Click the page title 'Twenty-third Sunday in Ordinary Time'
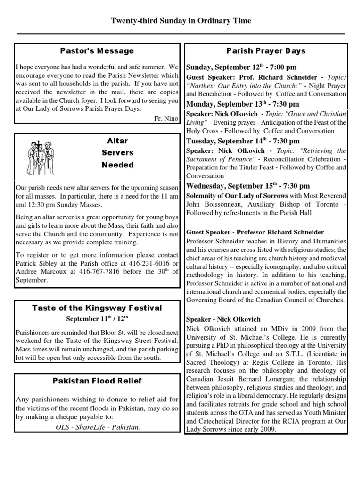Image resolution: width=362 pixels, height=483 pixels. point(181,21)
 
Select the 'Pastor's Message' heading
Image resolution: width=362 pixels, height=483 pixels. point(97,51)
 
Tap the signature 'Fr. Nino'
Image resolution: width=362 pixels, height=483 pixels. point(166,118)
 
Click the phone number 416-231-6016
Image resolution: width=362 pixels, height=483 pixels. point(150,263)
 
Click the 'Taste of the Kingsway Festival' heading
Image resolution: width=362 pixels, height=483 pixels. point(97,308)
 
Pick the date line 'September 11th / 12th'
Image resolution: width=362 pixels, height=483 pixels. point(97,318)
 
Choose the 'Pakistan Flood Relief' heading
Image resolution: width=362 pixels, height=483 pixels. point(97,381)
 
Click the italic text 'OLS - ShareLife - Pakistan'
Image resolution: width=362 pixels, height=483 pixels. point(97,427)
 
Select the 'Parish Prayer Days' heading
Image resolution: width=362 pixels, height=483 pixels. point(266,51)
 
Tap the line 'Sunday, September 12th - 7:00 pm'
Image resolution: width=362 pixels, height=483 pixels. point(241,67)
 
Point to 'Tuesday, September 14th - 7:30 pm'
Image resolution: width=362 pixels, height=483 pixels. point(243,141)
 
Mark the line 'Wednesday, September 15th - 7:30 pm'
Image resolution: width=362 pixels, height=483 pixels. point(248,186)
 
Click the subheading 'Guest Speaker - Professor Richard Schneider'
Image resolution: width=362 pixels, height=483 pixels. point(255,232)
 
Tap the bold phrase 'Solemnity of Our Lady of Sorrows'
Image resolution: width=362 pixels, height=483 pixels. point(237,195)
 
